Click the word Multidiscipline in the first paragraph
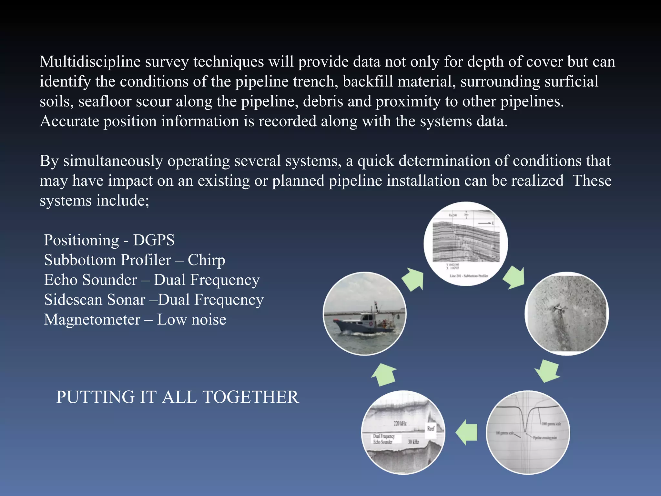tap(90, 62)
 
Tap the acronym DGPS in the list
tap(154, 240)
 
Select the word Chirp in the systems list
tap(206, 260)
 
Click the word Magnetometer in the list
tap(92, 320)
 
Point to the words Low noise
tap(191, 320)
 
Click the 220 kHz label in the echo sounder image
tap(400, 423)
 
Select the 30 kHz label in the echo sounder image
tap(413, 442)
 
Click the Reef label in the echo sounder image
tap(431, 429)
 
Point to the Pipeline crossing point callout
tap(545, 438)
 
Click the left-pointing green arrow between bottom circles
tap(467, 432)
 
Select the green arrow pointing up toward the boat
tap(384, 375)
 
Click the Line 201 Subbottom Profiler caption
tap(469, 276)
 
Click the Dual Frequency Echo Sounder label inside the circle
tap(384, 439)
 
